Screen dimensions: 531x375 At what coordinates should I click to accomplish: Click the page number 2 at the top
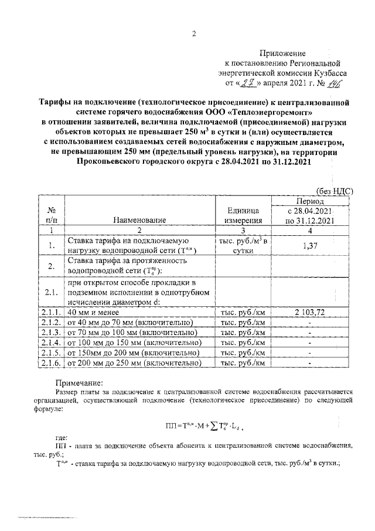tap(194, 33)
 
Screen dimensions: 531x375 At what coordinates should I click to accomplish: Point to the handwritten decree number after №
tap(335, 83)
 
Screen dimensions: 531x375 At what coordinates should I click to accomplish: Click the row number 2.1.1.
tap(51, 312)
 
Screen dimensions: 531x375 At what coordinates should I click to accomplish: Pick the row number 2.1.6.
tap(51, 363)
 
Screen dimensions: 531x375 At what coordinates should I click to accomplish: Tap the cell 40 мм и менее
tap(97, 312)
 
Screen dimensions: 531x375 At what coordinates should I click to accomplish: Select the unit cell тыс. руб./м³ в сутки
tap(243, 246)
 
